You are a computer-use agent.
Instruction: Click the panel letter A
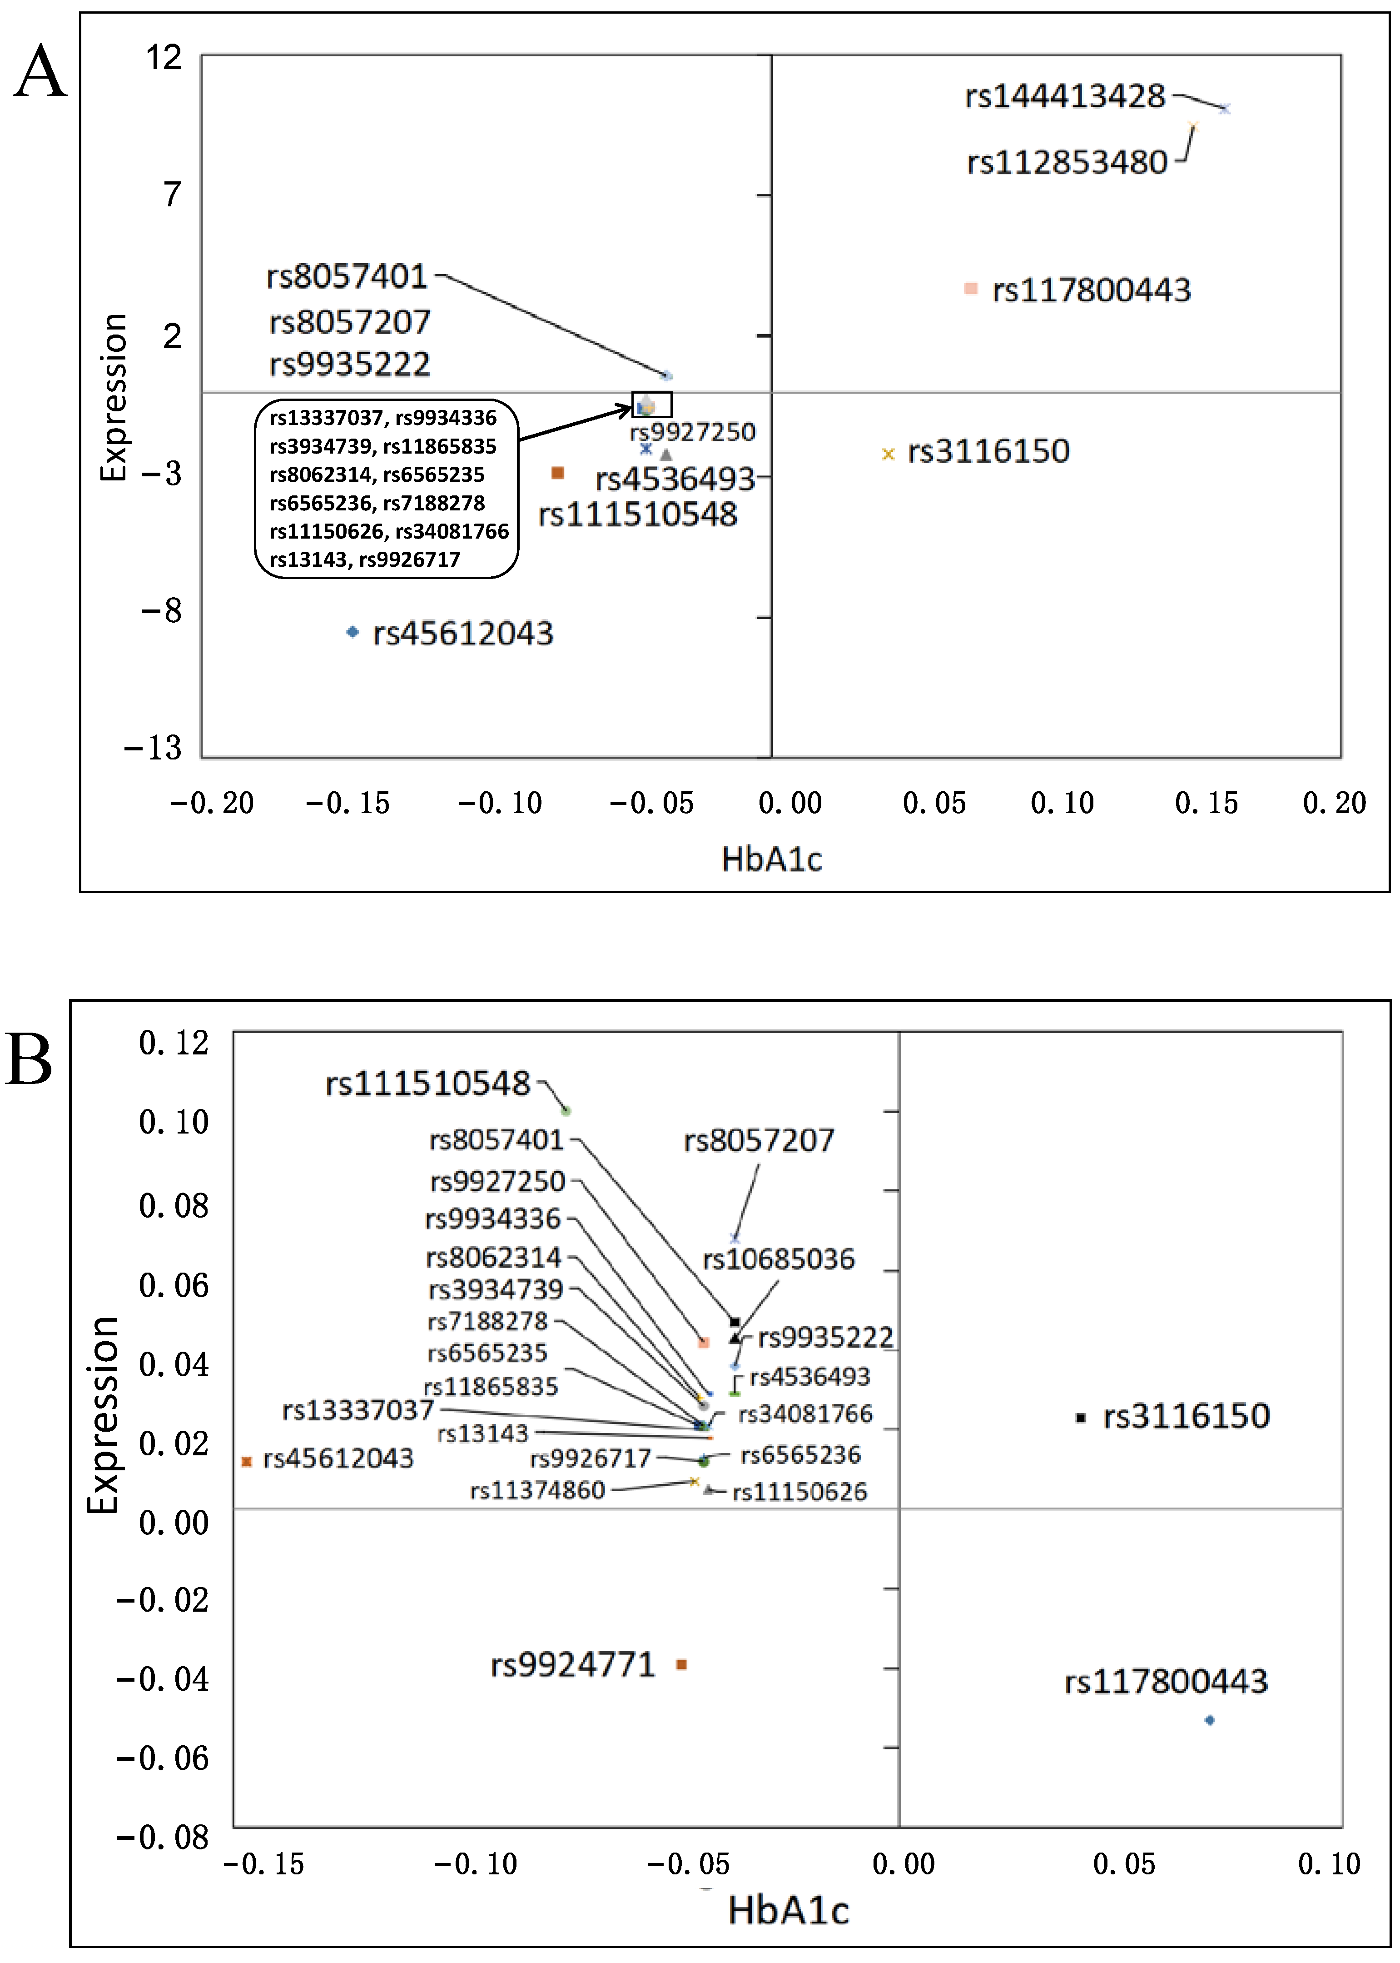(x=40, y=72)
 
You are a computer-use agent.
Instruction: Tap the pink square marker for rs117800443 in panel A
(x=971, y=289)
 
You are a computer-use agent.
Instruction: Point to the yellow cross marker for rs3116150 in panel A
(x=888, y=454)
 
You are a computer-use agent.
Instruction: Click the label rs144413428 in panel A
(x=1065, y=96)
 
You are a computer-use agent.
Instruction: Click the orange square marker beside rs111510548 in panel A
(x=558, y=473)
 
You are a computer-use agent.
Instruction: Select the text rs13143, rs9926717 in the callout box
(x=365, y=560)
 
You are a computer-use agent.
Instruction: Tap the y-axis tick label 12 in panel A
(x=164, y=58)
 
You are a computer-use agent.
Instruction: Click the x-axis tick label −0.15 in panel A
(x=348, y=803)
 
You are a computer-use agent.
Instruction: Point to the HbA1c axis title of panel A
(x=772, y=859)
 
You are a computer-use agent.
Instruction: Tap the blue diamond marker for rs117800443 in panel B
(x=1210, y=1720)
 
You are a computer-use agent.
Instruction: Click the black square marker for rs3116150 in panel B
(x=1080, y=1417)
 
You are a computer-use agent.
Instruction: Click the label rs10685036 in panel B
(x=779, y=1259)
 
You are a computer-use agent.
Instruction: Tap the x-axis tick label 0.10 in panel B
(x=1328, y=1864)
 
